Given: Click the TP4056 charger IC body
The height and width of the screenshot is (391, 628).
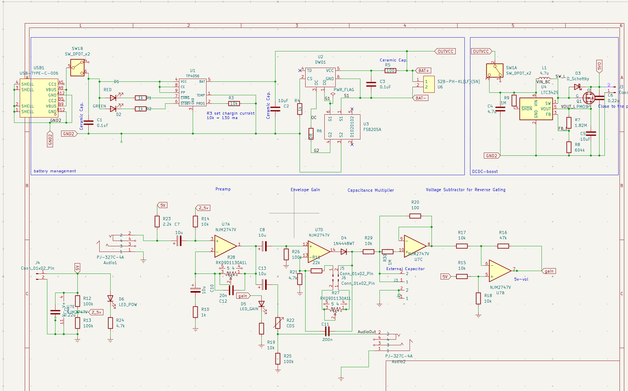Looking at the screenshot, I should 192,92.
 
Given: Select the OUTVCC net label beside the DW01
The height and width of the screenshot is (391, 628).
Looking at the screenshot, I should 445,51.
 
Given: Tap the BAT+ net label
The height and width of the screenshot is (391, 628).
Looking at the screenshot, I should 423,71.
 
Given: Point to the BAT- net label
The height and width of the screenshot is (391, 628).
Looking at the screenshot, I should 421,98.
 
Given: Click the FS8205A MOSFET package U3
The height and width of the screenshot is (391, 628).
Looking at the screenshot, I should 342,127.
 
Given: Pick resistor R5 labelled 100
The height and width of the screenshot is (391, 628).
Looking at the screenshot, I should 390,71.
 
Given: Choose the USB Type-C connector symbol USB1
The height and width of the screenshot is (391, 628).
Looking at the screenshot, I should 39,98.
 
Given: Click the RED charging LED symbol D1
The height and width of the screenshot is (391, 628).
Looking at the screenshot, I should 113,98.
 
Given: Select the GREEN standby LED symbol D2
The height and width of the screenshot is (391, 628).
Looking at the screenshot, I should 113,109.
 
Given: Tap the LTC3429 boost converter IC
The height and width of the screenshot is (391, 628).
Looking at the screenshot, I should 536,109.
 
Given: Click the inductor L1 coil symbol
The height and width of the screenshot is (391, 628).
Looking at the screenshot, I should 544,78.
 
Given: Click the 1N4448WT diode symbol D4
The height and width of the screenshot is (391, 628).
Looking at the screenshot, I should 344,252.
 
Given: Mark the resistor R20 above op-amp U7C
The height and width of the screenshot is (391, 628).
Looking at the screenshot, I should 415,216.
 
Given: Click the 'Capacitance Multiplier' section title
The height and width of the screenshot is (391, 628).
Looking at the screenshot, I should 370,190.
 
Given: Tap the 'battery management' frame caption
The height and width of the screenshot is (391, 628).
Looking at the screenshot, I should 55,171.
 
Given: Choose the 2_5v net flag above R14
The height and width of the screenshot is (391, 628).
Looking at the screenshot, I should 203,208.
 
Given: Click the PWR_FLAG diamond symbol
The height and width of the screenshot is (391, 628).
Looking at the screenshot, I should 333,94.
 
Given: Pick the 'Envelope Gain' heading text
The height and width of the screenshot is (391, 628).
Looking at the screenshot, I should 305,190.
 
